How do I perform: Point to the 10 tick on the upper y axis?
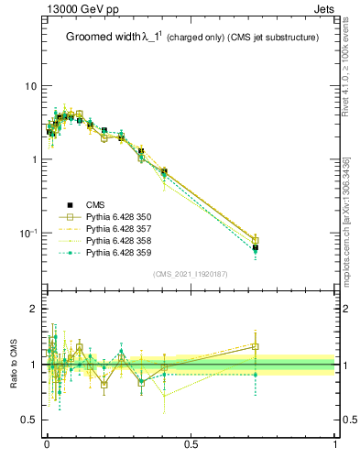coord(30,86)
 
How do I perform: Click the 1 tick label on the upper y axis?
coord(34,159)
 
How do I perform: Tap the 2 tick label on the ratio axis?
coord(34,309)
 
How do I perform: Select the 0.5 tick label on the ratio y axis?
coord(29,420)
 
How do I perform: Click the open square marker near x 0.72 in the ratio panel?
coord(255,347)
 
